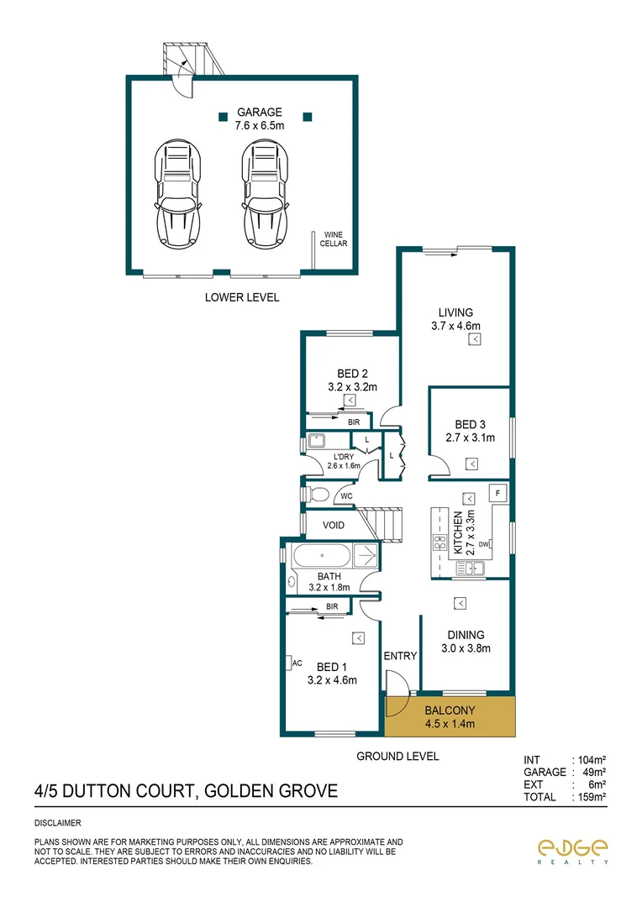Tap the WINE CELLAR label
[x=334, y=239]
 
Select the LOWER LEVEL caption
[x=242, y=297]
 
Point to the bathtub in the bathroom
[x=322, y=556]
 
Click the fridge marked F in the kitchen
[x=497, y=492]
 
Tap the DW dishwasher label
[x=483, y=546]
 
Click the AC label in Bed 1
[x=297, y=663]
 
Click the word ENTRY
[x=400, y=656]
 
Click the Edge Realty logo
[x=573, y=851]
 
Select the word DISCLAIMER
[x=58, y=823]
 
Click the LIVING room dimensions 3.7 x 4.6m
[x=455, y=326]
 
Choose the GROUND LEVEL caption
[x=397, y=756]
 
